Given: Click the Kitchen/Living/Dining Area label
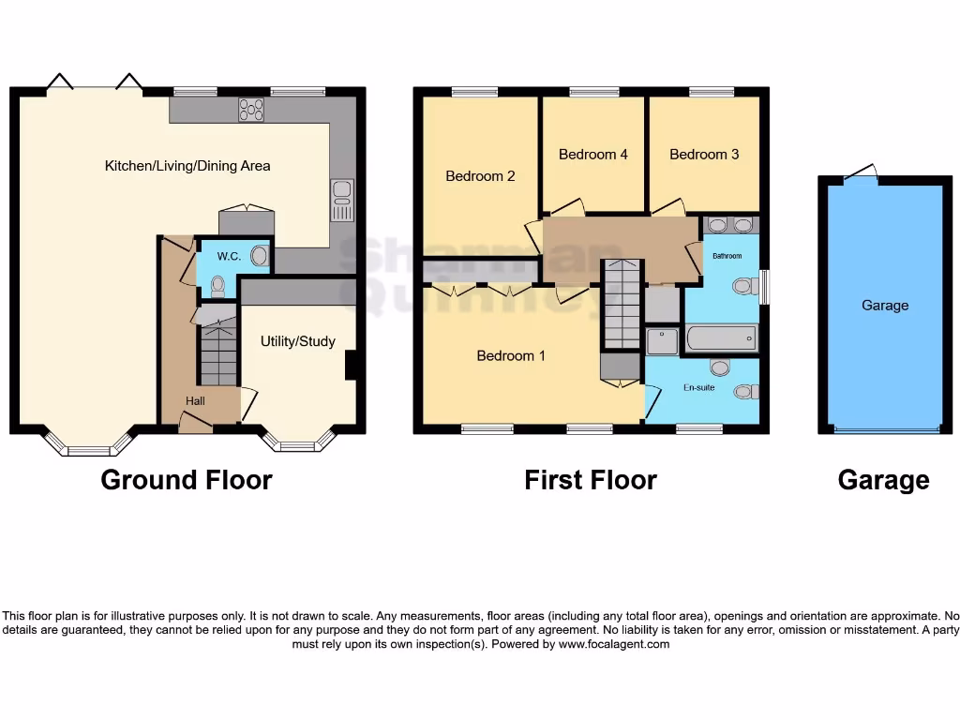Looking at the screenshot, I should click(x=187, y=166).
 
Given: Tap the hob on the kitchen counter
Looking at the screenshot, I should click(x=251, y=110).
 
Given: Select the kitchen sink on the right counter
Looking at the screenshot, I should click(x=342, y=200).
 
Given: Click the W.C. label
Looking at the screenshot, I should click(x=229, y=256).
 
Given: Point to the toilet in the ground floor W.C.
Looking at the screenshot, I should click(x=217, y=285).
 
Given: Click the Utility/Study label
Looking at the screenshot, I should click(x=297, y=341).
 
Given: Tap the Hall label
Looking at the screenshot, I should click(x=195, y=401).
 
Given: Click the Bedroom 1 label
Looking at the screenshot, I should click(x=511, y=356).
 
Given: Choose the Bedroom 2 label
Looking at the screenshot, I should click(x=480, y=176).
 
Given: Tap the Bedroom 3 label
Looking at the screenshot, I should click(x=704, y=155).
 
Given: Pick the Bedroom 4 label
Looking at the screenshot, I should click(x=592, y=155).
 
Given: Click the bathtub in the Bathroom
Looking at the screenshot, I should click(x=721, y=337).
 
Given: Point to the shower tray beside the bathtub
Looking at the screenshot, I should click(x=662, y=341).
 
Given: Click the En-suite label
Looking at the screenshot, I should click(x=698, y=387).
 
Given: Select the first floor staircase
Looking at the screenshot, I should click(x=622, y=305).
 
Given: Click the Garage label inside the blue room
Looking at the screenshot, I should click(x=885, y=306).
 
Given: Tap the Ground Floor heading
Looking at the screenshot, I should click(x=187, y=481).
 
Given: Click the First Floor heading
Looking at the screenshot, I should click(x=591, y=481).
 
